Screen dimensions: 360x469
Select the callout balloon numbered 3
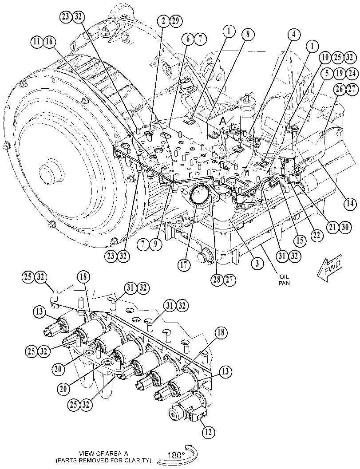pyautogui.click(x=257, y=264)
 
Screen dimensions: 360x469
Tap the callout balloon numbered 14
pyautogui.click(x=350, y=204)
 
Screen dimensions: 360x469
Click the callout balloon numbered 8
pyautogui.click(x=248, y=35)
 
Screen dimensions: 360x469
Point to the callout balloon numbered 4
pyautogui.click(x=294, y=35)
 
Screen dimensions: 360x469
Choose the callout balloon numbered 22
pyautogui.click(x=316, y=236)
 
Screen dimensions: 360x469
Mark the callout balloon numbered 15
pyautogui.click(x=300, y=240)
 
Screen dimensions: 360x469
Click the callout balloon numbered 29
pyautogui.click(x=176, y=21)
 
